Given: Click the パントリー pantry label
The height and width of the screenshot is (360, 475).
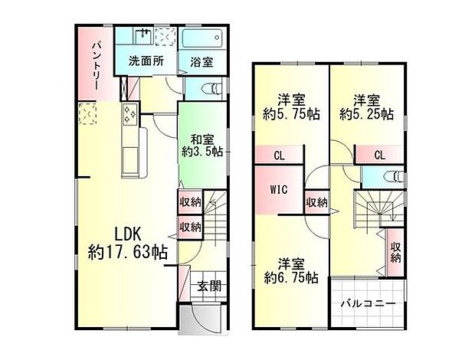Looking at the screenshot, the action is pos(97,66).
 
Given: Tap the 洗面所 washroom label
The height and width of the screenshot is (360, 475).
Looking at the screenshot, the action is pos(146,61).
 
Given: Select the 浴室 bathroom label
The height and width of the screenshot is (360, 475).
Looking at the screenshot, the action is pos(201,62).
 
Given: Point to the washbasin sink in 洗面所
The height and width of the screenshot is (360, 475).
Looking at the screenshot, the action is pos(143,36).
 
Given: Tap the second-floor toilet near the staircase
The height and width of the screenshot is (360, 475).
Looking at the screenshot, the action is pos(393,177).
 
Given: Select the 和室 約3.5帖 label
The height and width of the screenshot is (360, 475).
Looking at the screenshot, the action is pos(202,146).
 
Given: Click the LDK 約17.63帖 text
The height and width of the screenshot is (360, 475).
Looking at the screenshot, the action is pos(127,243).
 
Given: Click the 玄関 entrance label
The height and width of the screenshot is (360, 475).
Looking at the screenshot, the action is pos(209,286).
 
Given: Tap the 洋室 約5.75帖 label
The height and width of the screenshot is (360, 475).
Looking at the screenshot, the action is pos(291,107).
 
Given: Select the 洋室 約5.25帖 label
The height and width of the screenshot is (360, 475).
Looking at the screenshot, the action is pos(366,107).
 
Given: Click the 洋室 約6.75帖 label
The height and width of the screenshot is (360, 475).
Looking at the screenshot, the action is pos(291,270).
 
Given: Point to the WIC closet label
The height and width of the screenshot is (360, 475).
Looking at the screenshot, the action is pos(279,190).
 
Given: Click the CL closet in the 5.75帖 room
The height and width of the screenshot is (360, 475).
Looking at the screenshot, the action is pos(279,156).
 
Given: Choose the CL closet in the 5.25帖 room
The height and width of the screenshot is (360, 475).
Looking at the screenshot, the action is pos(379,155).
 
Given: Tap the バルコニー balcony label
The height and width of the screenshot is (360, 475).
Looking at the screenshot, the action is pos(368,303).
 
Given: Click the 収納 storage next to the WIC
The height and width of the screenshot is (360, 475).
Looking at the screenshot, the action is pos(317,202).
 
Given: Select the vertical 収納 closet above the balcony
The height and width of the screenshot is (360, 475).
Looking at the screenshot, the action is pos(395,253).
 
